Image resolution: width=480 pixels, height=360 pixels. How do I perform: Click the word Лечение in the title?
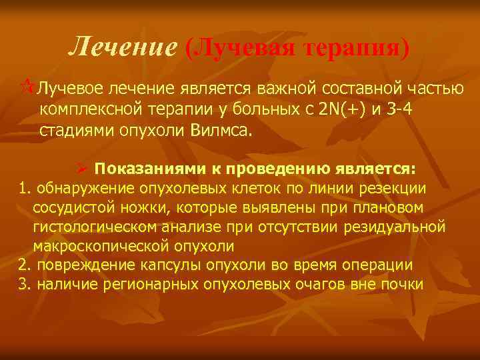tap(123, 46)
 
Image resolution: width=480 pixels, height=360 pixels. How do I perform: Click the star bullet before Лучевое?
tap(28, 87)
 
